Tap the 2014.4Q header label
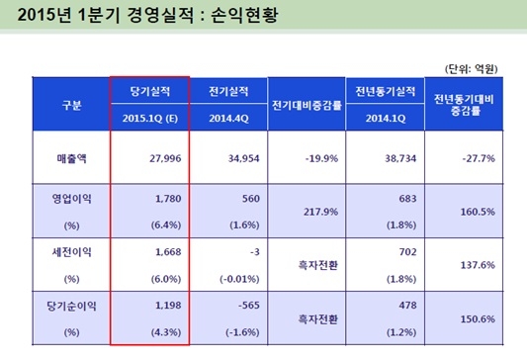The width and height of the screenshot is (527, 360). pyautogui.click(x=229, y=116)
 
